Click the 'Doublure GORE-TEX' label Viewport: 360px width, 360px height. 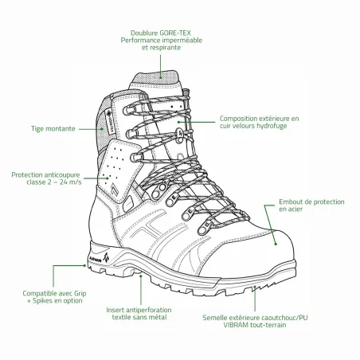[161, 33]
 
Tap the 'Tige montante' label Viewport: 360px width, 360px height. [53, 129]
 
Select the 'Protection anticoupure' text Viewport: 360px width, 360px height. [45, 175]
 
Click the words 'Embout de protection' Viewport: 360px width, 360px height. [311, 202]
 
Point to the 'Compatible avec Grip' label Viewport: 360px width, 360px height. [54, 293]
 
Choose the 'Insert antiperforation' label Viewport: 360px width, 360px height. [139, 310]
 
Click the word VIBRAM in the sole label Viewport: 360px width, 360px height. [236, 325]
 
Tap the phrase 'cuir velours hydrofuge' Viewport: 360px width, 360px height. [253, 126]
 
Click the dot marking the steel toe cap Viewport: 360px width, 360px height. [276, 244]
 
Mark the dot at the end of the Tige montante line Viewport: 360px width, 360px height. [102, 129]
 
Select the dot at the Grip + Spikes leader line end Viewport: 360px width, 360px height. [84, 265]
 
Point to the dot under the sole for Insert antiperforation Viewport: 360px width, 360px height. [141, 276]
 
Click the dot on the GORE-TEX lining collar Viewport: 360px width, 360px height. [161, 77]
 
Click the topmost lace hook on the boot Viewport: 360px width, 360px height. [127, 110]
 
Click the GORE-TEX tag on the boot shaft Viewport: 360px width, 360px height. [110, 123]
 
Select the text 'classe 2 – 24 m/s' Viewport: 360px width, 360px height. [54, 182]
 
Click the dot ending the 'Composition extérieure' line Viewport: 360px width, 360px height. [178, 122]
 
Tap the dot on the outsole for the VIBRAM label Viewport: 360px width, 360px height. [255, 287]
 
